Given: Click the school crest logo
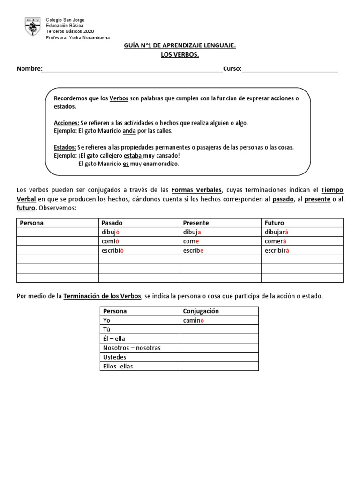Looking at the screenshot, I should [33, 27].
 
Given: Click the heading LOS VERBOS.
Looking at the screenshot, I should [180, 55].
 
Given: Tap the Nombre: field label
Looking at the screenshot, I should [30, 69].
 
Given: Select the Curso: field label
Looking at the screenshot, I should [232, 69].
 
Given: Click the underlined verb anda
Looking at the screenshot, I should [129, 131].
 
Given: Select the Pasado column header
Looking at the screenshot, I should [112, 223].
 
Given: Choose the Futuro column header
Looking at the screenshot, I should [274, 223].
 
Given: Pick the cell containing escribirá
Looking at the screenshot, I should [277, 250].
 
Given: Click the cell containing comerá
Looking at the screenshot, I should [275, 241].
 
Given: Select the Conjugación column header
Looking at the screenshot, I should [201, 311].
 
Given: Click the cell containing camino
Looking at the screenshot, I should [194, 320].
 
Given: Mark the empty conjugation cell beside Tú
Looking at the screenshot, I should [219, 330].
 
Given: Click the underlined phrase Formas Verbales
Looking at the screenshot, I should [196, 190].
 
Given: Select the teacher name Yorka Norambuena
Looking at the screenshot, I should [90, 38].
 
